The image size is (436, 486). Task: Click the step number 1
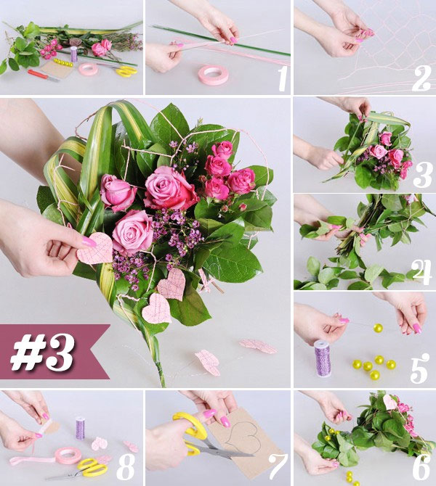(x=280, y=79)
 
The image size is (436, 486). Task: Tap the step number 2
(x=421, y=78)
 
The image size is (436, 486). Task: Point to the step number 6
(x=421, y=468)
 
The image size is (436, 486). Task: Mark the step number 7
(x=277, y=468)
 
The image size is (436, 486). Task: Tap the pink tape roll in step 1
(x=214, y=75)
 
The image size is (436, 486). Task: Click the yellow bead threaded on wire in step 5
(x=378, y=329)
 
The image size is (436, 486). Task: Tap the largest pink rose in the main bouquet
(x=169, y=188)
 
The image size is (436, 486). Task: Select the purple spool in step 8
(x=80, y=427)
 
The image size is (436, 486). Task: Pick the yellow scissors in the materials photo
(x=125, y=71)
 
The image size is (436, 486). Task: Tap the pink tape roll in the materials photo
(x=88, y=69)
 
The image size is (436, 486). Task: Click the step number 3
(x=422, y=175)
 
